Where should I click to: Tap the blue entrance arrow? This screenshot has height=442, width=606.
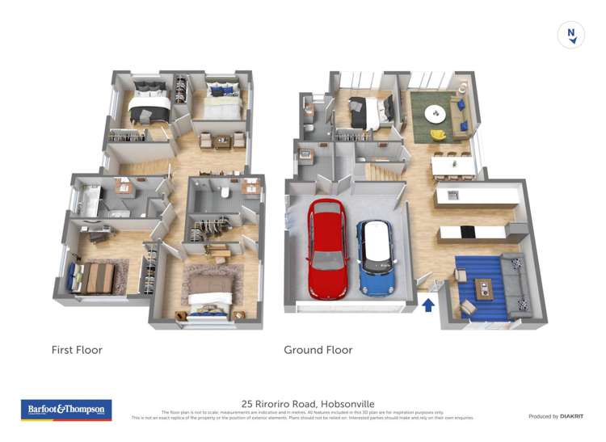pyautogui.click(x=428, y=304)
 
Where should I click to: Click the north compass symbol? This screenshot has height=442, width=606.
pyautogui.click(x=571, y=35)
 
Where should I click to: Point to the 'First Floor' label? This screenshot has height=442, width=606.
pyautogui.click(x=77, y=350)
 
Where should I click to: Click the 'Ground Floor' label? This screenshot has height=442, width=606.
pyautogui.click(x=318, y=350)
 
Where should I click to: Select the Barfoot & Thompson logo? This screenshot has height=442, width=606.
pyautogui.click(x=65, y=410)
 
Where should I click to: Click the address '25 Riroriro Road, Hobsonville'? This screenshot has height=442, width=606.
pyautogui.click(x=308, y=403)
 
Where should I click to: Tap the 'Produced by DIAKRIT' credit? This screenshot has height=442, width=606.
pyautogui.click(x=557, y=416)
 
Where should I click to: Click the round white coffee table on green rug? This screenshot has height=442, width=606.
pyautogui.click(x=435, y=114)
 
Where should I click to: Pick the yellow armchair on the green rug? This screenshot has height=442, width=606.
pyautogui.click(x=437, y=133)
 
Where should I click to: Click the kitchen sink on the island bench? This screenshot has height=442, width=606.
pyautogui.click(x=452, y=196)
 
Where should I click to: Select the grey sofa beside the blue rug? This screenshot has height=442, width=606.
pyautogui.click(x=515, y=283)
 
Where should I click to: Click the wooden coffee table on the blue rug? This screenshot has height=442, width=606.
pyautogui.click(x=483, y=288)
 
